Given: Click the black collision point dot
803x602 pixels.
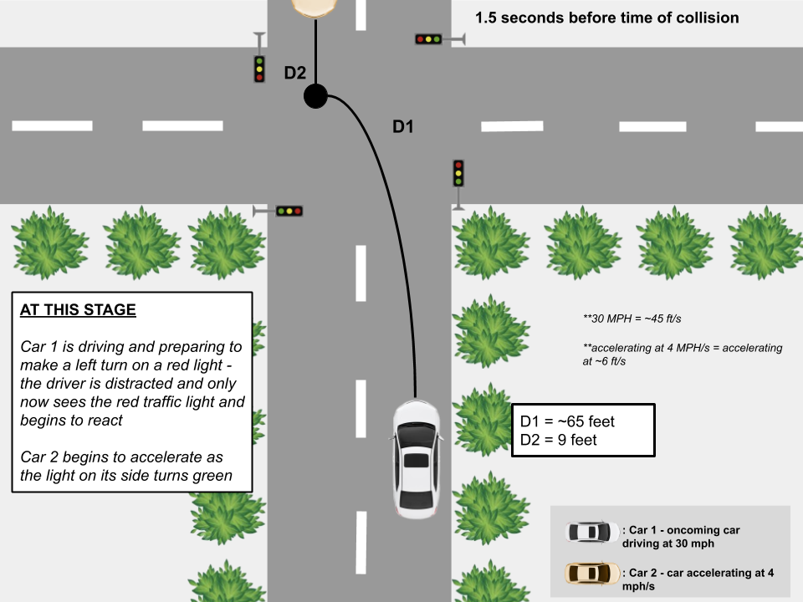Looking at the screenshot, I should coord(315,96).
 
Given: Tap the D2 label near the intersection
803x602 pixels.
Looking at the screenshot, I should coord(295,73).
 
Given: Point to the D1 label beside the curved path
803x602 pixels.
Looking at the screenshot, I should coord(404,127).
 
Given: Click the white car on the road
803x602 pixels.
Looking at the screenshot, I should coord(416,459).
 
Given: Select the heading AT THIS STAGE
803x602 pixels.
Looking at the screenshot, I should coord(78,309).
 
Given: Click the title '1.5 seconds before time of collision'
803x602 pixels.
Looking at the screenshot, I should coord(606,18).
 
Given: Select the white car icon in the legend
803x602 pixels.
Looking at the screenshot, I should coord(591,532).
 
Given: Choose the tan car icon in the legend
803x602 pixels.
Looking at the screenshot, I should coord(591,573).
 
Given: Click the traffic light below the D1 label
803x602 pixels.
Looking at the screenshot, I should coord(458,174).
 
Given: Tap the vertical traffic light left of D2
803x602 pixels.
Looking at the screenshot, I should coord(259,69).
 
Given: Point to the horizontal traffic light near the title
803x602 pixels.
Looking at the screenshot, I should coord(428,38).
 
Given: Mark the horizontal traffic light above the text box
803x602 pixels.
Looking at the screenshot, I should coord(289,211).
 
